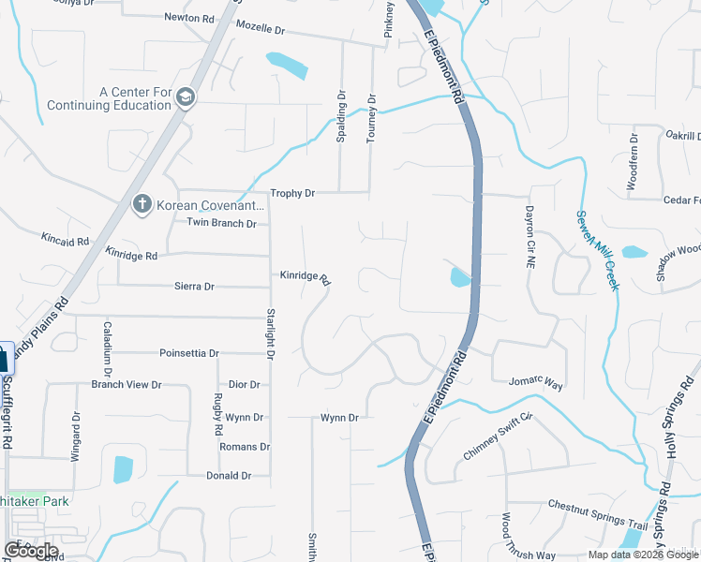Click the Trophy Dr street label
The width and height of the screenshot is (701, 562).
click(x=292, y=193)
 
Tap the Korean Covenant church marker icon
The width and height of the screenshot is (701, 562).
click(x=142, y=204)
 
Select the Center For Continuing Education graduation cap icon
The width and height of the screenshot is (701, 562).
click(x=185, y=98)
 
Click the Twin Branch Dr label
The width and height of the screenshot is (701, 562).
click(x=221, y=223)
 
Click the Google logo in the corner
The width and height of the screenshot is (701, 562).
click(x=30, y=550)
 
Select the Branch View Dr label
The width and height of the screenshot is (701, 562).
click(x=127, y=384)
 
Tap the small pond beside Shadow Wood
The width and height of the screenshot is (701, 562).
click(x=634, y=252)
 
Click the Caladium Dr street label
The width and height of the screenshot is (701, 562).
click(x=108, y=343)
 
